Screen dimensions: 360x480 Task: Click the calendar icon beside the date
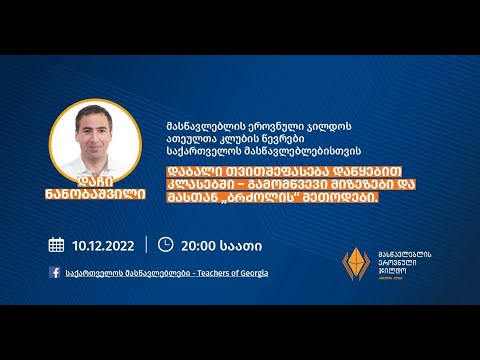pyautogui.click(x=57, y=244)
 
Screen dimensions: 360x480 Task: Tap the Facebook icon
pyautogui.click(x=55, y=272)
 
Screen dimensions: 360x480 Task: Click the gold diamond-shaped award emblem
pyautogui.click(x=357, y=264)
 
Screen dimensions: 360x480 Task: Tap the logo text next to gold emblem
pyautogui.click(x=409, y=263)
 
